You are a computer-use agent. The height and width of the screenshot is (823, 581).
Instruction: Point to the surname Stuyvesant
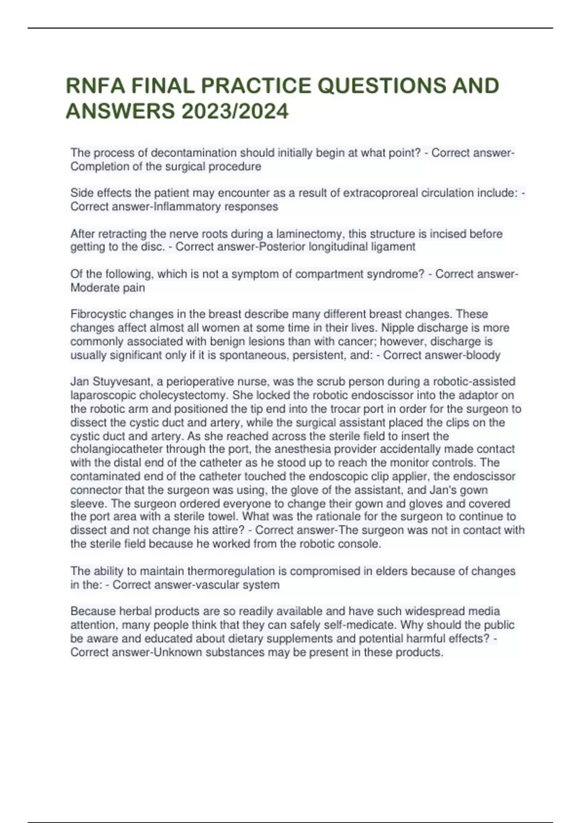(122, 381)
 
